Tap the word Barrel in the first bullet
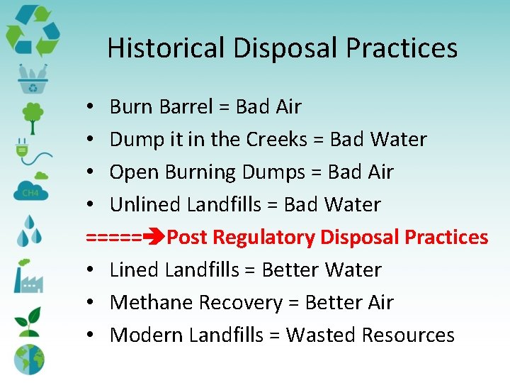186,107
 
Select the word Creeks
276,140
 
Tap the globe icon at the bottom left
29,359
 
